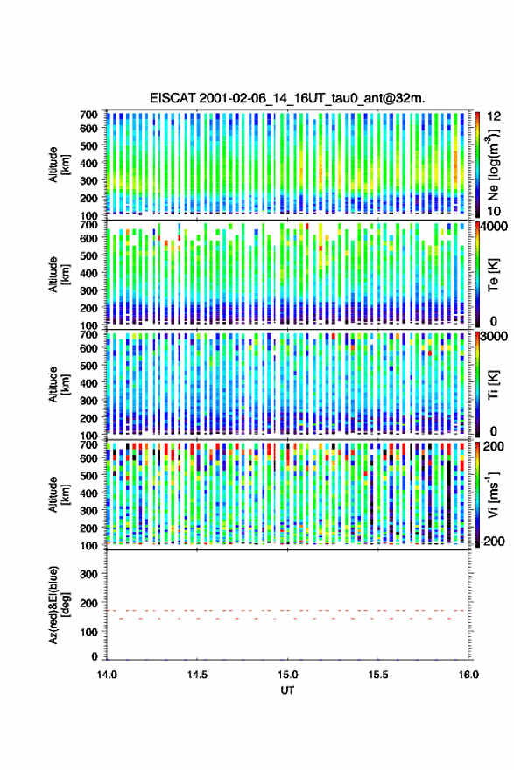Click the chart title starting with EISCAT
(287, 98)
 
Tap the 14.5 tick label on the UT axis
(197, 675)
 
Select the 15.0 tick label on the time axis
(287, 675)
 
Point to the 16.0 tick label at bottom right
(468, 675)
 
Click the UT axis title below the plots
(287, 690)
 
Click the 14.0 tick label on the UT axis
(107, 675)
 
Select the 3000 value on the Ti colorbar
(495, 336)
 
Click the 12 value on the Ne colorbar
(494, 115)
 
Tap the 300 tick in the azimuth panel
(88, 574)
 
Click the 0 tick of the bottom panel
(95, 656)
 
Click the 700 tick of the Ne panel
(88, 115)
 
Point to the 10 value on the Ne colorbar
(494, 211)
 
